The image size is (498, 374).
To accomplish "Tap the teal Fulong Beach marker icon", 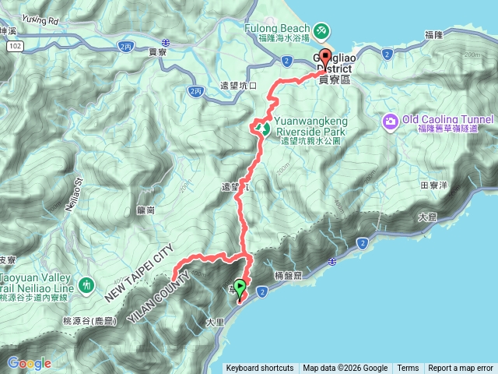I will point(321,31).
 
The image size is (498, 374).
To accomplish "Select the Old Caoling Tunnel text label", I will point(447,119).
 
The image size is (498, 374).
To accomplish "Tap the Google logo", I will point(30,363).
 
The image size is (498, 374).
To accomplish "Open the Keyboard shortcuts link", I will point(260,369).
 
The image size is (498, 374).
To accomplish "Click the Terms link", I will point(408,369).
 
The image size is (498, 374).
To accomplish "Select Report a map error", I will point(461,369).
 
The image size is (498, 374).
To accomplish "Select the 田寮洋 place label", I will point(433,185).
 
